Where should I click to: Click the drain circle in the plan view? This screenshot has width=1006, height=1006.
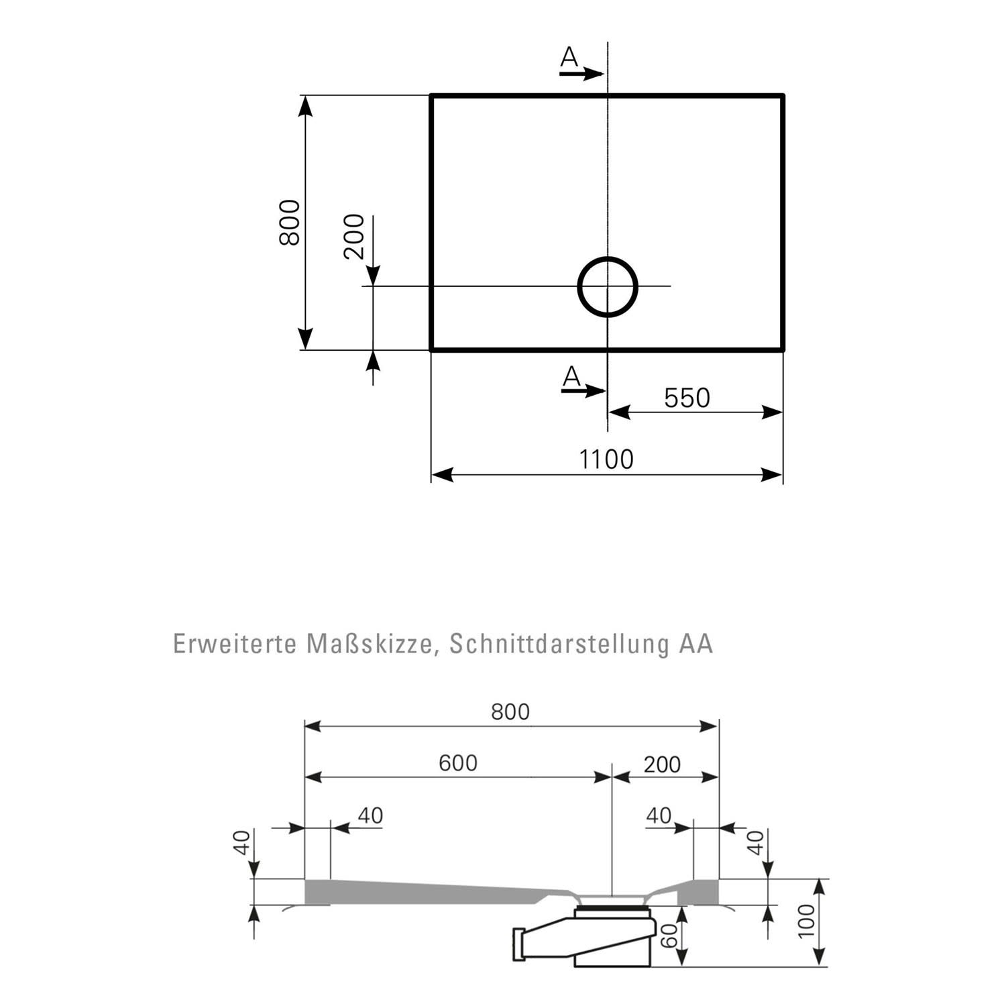579,287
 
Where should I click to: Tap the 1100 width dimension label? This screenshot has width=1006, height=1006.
606,459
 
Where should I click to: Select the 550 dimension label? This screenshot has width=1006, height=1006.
687,398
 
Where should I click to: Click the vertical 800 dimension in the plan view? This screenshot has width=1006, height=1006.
290,223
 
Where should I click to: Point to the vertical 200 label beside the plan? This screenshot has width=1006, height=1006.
353,237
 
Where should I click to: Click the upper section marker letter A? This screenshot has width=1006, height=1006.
569,58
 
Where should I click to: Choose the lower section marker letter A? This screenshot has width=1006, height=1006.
571,377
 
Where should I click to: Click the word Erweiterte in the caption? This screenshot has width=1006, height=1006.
235,644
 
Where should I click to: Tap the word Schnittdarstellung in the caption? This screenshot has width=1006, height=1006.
560,645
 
